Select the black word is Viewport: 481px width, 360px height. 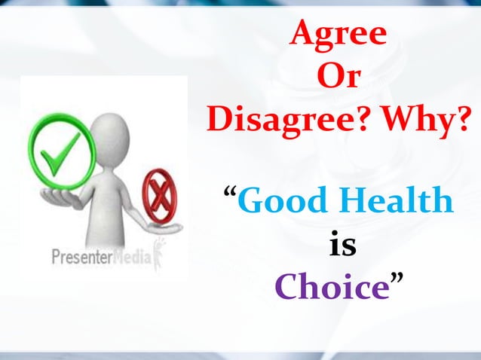click(343, 245)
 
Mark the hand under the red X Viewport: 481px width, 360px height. click(161, 225)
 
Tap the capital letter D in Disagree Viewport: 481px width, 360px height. click(219, 121)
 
